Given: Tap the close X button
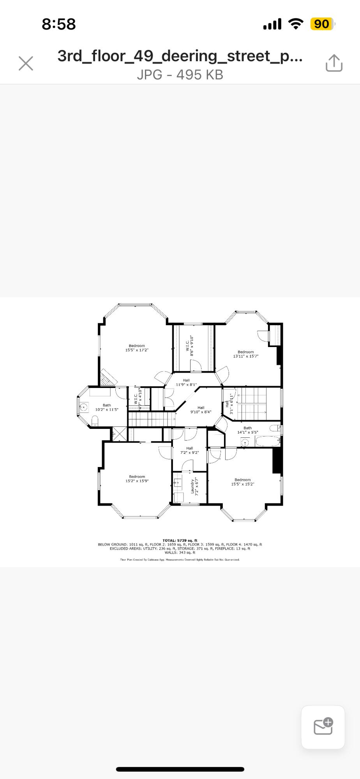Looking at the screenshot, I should coord(26,63).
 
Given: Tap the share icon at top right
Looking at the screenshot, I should coord(334,63).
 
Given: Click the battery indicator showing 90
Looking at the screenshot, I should coord(322,24).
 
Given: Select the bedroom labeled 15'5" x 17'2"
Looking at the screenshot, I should coord(137,348).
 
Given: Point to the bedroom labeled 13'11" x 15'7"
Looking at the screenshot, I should coord(246,354).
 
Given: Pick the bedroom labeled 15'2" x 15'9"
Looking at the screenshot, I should coord(137,479).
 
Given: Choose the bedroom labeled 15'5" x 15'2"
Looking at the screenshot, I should coord(242,482).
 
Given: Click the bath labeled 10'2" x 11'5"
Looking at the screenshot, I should coord(107,407).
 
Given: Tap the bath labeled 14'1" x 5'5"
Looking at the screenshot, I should coord(247,430).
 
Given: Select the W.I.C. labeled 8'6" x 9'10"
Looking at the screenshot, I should coord(190,345).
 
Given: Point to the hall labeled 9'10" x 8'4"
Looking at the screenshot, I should coord(201,410).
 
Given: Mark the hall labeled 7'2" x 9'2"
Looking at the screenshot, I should coord(189,451).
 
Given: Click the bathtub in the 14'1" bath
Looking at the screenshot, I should coord(268,442).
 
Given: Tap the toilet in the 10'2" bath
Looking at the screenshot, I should coord(95,420).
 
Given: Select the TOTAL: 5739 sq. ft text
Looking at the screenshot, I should coord(180,541).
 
